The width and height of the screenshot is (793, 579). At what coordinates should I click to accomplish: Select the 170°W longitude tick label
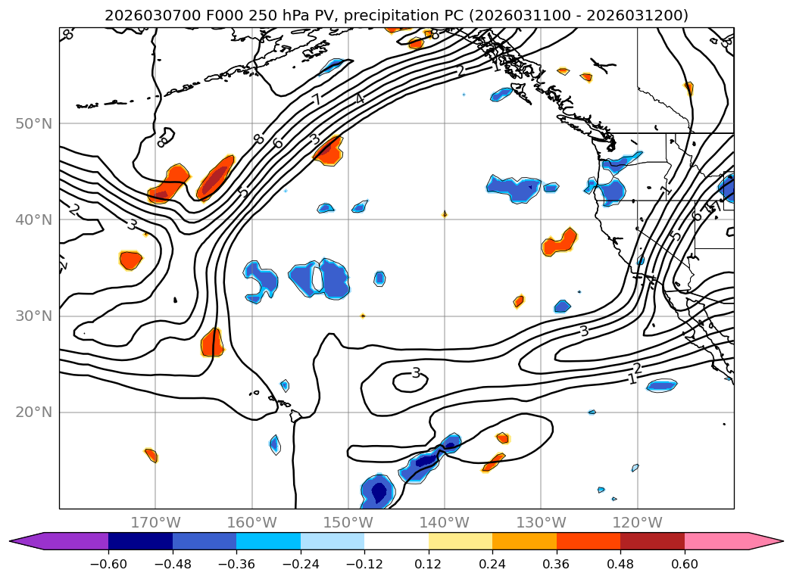(x=155, y=522)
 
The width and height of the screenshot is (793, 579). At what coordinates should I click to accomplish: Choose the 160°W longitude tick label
(x=251, y=522)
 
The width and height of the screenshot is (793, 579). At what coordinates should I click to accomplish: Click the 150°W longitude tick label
(x=348, y=522)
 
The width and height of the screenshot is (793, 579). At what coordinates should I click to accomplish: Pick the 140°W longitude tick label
(x=444, y=522)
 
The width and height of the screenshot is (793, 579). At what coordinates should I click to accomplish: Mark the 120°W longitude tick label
(x=637, y=522)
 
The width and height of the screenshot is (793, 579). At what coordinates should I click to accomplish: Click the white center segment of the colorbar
(x=396, y=541)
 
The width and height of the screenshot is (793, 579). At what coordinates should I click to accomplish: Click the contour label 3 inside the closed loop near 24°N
(x=416, y=373)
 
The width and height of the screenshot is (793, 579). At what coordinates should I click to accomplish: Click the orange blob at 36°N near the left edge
(x=131, y=260)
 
